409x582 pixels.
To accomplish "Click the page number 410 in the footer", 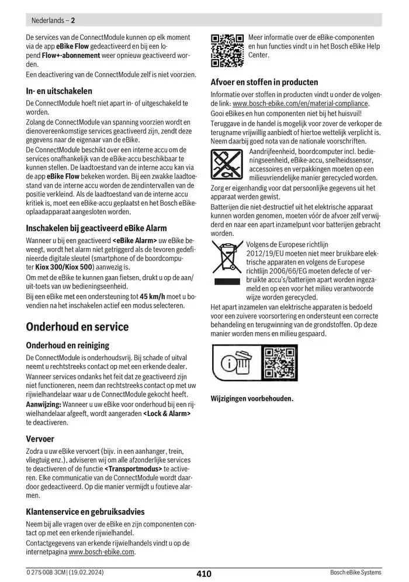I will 204,574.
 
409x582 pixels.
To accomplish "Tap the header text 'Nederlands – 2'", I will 51,20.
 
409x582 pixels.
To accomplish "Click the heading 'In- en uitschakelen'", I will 59,91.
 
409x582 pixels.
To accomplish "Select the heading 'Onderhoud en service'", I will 77,326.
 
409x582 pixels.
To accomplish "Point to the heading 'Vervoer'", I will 40,439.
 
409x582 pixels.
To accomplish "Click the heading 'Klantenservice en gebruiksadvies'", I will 85,512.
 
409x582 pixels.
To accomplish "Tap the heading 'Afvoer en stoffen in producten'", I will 264,82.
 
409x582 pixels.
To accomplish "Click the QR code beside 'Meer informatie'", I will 227,51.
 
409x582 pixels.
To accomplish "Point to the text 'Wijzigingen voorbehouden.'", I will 252,399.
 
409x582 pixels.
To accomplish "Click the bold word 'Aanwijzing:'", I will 44,405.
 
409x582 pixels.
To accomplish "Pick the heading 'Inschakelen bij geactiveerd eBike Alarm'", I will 96,228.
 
